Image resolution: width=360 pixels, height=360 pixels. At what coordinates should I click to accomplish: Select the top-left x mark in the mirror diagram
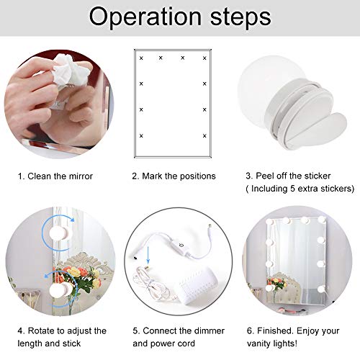click(142, 58)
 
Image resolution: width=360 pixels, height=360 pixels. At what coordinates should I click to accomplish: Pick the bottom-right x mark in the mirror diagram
click(204, 135)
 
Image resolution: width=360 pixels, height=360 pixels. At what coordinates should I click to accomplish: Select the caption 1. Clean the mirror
click(55, 176)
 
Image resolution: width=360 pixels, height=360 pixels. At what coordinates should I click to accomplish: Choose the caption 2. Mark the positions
click(174, 176)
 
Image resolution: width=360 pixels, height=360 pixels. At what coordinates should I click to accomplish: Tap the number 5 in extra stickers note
click(302, 189)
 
